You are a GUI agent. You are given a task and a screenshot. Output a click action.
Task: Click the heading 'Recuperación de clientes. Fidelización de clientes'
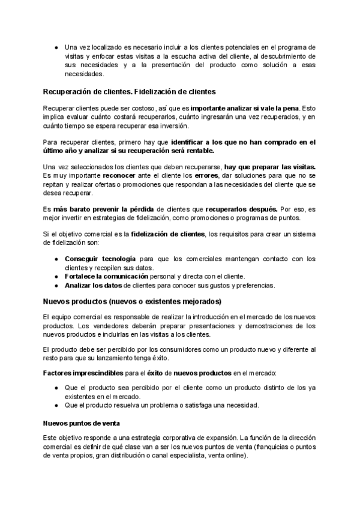(x=130, y=91)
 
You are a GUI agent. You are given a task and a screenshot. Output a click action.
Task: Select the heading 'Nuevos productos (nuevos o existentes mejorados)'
(x=133, y=301)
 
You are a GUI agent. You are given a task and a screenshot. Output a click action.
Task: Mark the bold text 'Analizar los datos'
(x=92, y=285)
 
